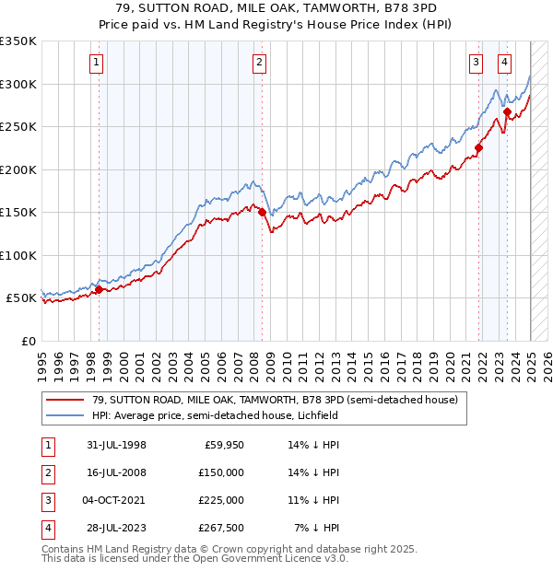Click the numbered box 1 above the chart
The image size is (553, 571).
[97, 63]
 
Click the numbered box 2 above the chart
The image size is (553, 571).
[260, 63]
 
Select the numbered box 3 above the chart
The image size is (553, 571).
[476, 63]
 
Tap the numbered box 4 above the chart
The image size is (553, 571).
[505, 63]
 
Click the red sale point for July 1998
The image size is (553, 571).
[99, 290]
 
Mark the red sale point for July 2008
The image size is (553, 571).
[262, 212]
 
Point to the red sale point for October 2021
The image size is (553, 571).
[479, 147]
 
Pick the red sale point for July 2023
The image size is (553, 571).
[508, 111]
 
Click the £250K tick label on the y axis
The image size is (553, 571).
[18, 126]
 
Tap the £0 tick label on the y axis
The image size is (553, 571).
[28, 341]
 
